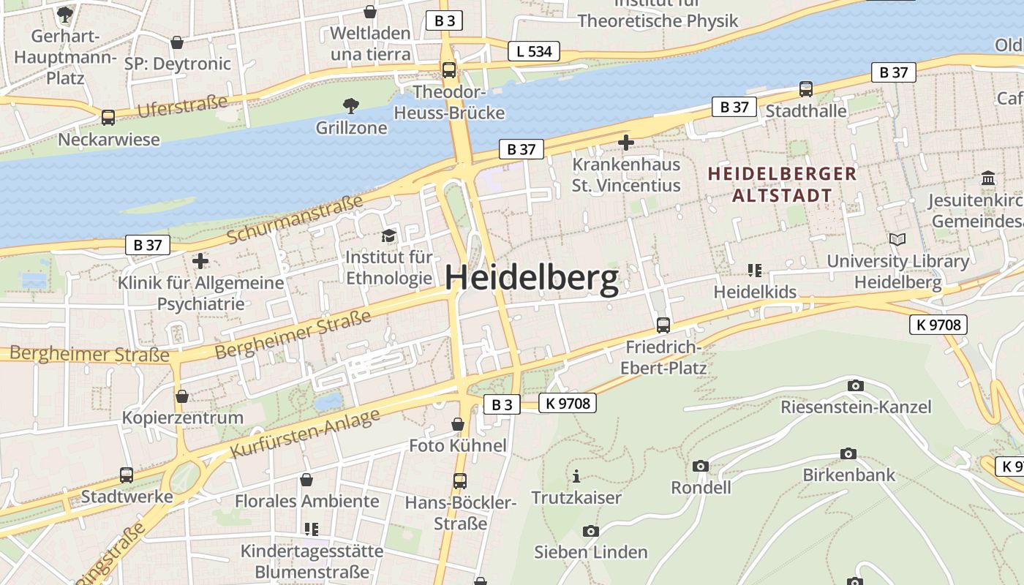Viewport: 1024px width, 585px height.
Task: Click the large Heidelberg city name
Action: click(532, 279)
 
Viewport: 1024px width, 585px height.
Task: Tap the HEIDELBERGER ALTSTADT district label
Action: click(782, 184)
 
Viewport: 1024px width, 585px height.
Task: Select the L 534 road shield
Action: click(534, 51)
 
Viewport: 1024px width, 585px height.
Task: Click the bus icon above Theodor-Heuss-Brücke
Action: click(448, 70)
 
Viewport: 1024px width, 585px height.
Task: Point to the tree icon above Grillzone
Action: click(351, 106)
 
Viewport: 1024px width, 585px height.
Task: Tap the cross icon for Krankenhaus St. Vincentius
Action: click(625, 142)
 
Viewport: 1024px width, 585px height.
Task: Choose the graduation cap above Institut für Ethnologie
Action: click(388, 235)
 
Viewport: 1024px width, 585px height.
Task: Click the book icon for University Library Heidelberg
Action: click(897, 239)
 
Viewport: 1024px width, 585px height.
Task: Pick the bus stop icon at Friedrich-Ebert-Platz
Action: click(663, 325)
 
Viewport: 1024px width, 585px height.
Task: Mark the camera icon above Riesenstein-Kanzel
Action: click(855, 385)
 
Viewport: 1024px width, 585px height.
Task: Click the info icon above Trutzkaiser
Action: click(576, 477)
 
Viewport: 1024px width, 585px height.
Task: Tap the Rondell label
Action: click(701, 487)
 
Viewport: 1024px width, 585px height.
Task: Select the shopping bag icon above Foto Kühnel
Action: click(458, 424)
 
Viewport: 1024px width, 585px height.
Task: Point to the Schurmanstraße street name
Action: click(295, 219)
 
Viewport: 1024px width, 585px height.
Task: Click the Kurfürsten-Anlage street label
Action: click(306, 434)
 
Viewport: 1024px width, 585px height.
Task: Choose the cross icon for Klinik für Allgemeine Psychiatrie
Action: click(200, 260)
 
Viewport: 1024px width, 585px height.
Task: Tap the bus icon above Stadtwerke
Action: click(127, 475)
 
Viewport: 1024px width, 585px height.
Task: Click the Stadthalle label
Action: click(805, 110)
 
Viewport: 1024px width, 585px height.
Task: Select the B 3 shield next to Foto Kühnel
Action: click(502, 404)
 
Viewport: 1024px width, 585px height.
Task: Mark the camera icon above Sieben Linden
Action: click(590, 531)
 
